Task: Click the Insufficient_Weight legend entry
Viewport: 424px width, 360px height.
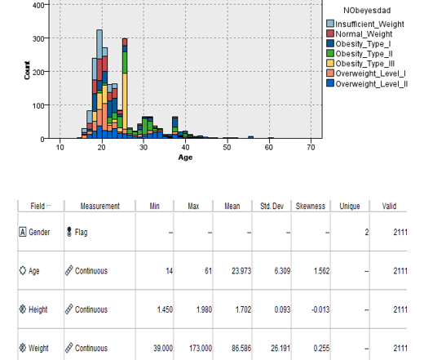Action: (371, 24)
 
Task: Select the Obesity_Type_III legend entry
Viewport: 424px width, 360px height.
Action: (368, 64)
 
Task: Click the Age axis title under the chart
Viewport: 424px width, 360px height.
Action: (185, 156)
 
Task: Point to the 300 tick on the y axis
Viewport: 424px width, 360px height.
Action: (38, 38)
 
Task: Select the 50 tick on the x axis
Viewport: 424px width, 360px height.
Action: (227, 147)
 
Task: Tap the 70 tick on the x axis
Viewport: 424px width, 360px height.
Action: (311, 147)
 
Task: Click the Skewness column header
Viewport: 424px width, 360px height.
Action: (311, 207)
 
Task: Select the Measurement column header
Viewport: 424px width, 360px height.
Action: (99, 207)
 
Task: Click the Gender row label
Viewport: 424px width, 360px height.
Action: (38, 233)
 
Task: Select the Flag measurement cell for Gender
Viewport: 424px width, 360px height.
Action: (81, 233)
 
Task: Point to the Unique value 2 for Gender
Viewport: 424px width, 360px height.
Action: (367, 233)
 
